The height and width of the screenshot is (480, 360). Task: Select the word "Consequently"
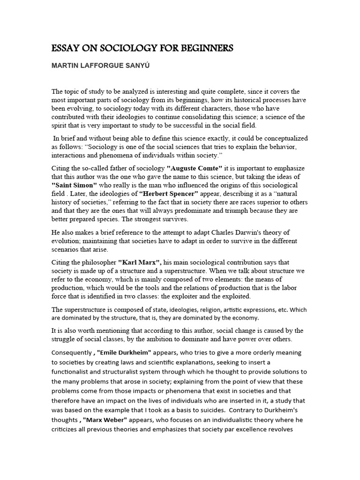point(72,352)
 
